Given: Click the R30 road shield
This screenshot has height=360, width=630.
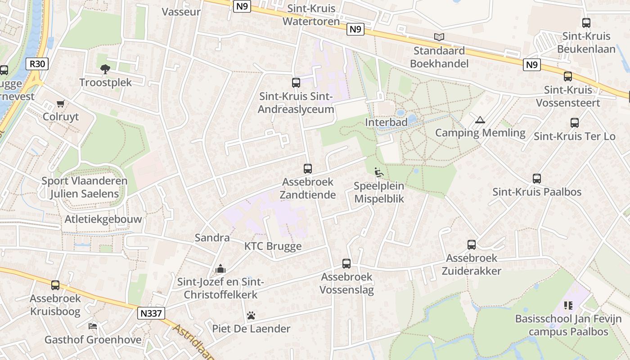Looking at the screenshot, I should (x=37, y=64).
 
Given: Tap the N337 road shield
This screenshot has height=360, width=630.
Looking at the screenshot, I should (x=151, y=313).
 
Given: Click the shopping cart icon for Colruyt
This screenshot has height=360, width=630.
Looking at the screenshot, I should (x=61, y=103).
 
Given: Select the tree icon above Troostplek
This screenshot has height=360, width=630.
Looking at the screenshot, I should (x=105, y=69).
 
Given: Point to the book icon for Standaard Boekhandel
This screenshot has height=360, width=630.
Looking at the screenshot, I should (x=439, y=37).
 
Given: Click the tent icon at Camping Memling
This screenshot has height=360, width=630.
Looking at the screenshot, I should (x=480, y=120).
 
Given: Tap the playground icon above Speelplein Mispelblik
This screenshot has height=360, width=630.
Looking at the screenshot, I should (x=378, y=172).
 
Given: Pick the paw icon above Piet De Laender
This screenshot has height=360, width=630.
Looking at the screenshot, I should (x=251, y=315).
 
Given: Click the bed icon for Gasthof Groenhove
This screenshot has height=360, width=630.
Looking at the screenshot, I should (x=93, y=326).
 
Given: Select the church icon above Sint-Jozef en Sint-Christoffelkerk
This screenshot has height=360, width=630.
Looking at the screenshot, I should (x=220, y=269).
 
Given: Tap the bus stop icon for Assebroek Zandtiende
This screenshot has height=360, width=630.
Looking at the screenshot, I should (x=308, y=169).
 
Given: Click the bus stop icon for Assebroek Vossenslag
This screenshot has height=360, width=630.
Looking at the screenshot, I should (x=346, y=264).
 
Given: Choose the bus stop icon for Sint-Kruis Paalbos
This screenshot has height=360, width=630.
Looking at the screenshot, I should (x=537, y=179).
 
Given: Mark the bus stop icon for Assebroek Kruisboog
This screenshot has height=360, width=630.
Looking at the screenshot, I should (x=55, y=285).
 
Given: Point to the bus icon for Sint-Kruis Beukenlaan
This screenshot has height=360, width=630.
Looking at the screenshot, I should (x=586, y=23).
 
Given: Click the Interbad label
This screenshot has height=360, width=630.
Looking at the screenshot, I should (x=386, y=122).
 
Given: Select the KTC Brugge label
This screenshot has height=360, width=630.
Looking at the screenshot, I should (x=273, y=246).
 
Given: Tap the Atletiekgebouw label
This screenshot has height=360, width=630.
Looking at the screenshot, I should (x=103, y=219).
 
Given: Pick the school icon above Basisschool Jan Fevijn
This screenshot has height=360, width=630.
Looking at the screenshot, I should (x=568, y=306).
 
